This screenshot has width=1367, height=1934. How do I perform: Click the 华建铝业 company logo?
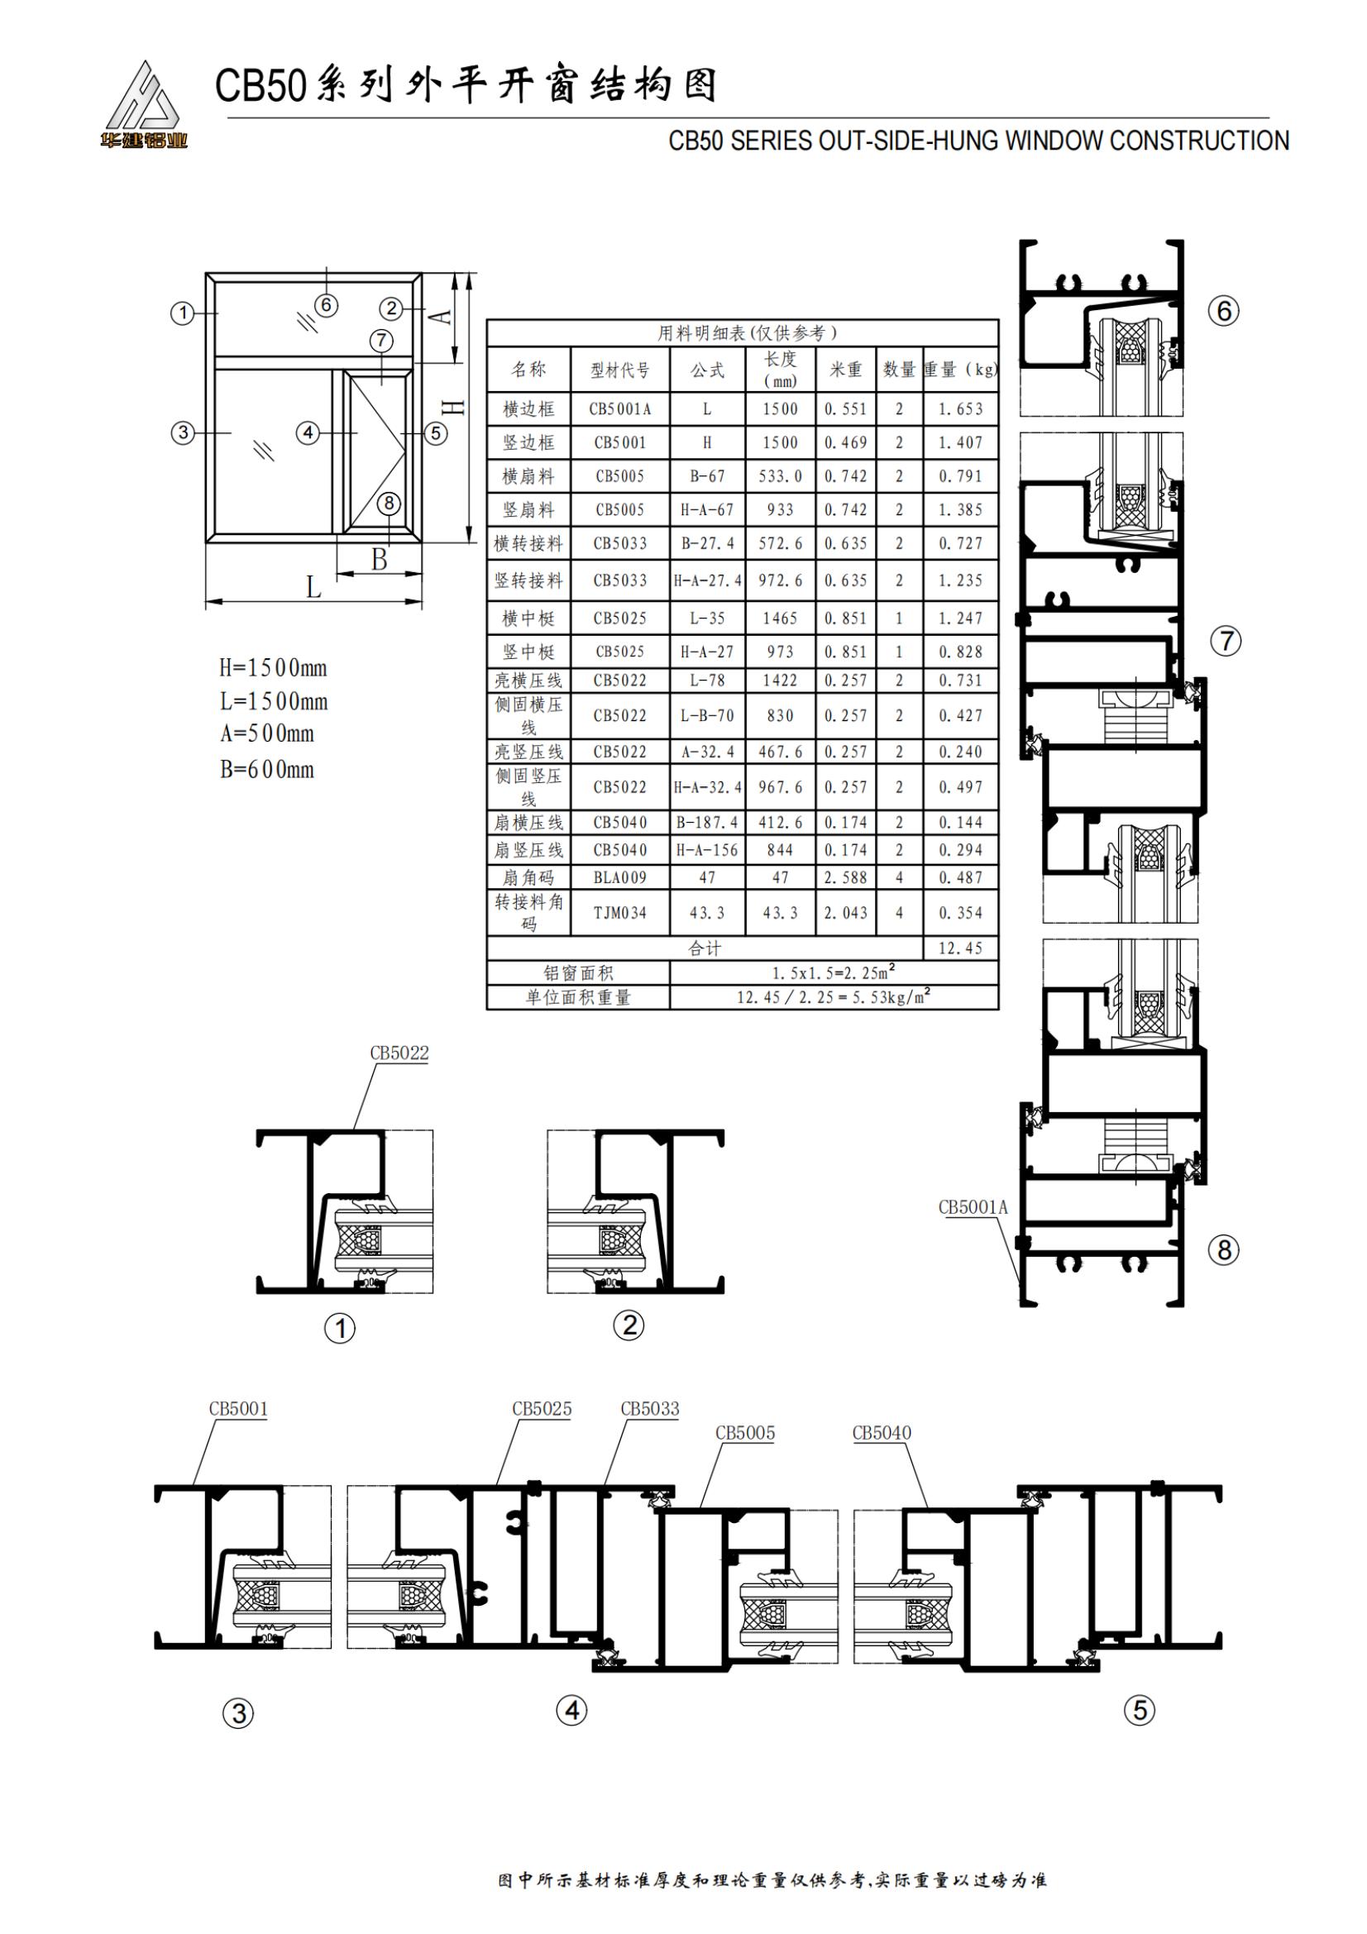[142, 104]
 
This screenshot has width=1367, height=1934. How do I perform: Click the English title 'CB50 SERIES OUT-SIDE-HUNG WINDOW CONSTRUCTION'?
[978, 141]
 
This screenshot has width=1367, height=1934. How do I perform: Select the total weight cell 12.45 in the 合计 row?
[960, 948]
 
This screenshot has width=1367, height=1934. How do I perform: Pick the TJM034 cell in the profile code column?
[620, 912]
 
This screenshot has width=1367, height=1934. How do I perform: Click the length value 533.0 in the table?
[780, 476]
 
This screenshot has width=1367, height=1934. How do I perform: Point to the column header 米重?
[846, 369]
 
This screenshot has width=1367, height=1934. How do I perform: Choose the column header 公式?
[708, 370]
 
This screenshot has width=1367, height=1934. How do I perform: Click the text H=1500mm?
[273, 668]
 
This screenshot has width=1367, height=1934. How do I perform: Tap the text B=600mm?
[267, 769]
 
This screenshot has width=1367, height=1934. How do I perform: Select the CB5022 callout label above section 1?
[399, 1053]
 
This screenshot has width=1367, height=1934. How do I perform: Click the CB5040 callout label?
[882, 1433]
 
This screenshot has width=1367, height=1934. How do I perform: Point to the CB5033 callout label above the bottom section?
[649, 1408]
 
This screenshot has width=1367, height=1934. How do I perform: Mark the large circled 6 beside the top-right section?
[1224, 311]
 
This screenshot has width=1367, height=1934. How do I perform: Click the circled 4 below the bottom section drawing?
[572, 1711]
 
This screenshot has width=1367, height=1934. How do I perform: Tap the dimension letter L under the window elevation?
[313, 586]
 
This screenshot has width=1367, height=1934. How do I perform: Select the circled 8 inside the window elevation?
[389, 503]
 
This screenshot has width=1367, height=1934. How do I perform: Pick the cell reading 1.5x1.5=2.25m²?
[834, 972]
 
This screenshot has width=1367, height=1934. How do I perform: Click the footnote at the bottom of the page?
[772, 1880]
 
